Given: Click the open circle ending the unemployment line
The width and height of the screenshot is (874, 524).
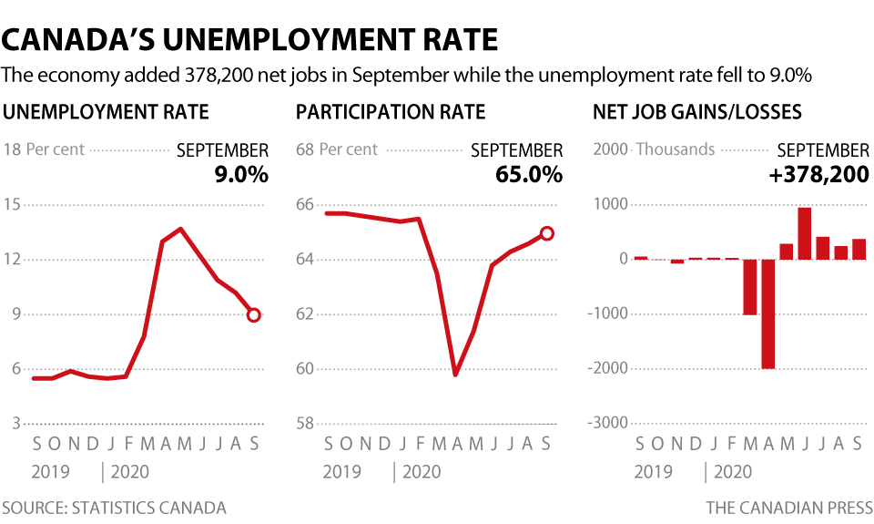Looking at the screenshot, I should [x=253, y=314].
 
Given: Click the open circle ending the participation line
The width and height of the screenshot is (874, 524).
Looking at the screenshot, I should [x=546, y=233].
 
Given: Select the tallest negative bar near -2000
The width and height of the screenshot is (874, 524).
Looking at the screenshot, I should [x=768, y=313].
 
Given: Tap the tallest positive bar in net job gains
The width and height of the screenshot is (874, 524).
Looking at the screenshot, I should [x=804, y=233].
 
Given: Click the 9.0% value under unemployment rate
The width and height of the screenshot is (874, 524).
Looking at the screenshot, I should [x=241, y=174].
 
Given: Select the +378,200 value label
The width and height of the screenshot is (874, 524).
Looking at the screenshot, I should [x=818, y=174].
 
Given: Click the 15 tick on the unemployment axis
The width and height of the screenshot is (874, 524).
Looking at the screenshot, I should [x=12, y=204].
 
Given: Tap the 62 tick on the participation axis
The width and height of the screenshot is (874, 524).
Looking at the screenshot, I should [x=306, y=314].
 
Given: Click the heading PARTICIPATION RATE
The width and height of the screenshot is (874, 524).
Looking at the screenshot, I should [x=391, y=112].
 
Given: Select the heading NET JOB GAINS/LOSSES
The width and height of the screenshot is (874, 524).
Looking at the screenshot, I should [x=696, y=112].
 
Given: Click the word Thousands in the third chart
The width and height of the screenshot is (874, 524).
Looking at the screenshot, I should [x=675, y=149].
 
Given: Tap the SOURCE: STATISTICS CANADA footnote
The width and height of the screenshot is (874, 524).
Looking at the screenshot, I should [x=114, y=508].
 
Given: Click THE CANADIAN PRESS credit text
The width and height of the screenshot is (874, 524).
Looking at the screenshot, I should [x=788, y=508].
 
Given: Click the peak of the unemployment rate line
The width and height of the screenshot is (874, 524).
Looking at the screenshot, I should [x=181, y=229].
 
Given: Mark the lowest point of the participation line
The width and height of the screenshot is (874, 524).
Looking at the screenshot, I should [x=455, y=374].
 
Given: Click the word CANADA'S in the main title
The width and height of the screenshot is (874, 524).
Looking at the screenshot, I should [x=83, y=40].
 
